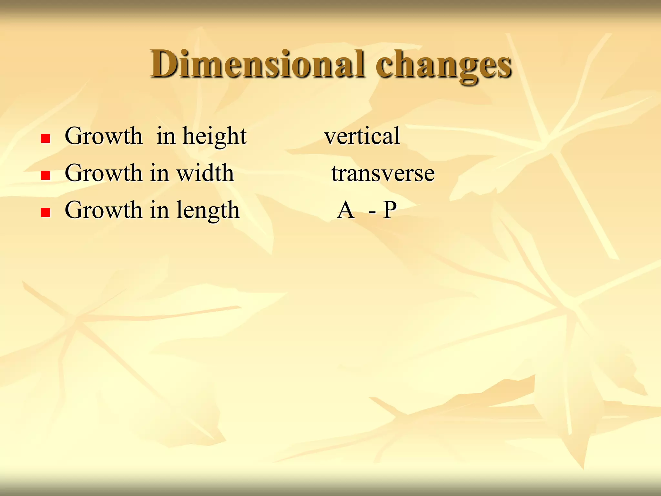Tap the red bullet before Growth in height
(x=46, y=139)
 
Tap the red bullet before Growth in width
(x=46, y=175)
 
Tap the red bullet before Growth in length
(x=46, y=212)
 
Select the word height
(x=215, y=137)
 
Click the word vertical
(x=362, y=136)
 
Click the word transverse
(x=383, y=173)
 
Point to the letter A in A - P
(x=345, y=210)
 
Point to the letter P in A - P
(x=390, y=210)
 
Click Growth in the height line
(x=103, y=136)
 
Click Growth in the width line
(x=103, y=173)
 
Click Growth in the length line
(x=103, y=210)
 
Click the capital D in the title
(x=163, y=64)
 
